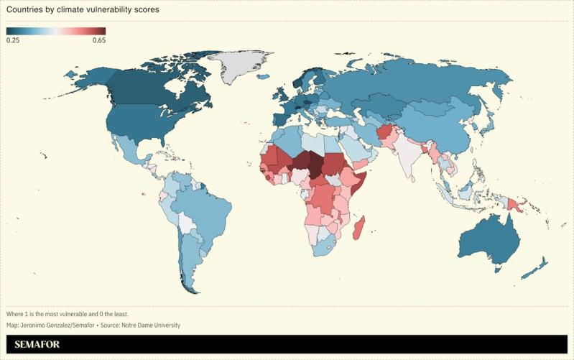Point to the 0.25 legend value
[x=13, y=40]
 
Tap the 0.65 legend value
[x=98, y=40]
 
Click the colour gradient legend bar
[x=56, y=31]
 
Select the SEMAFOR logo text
[x=35, y=346]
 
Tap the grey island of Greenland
[x=244, y=64]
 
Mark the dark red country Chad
[x=313, y=163]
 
